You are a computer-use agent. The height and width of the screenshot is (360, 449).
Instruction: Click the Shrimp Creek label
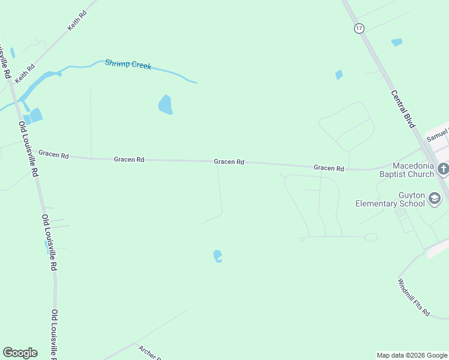pos(128,64)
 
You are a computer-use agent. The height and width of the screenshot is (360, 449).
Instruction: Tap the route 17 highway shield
pos(359,28)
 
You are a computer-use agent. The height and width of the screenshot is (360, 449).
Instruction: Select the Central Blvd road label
pos(403,109)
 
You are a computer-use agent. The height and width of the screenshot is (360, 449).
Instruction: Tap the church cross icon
pos(443,169)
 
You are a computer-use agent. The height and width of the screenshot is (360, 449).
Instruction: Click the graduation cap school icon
pos(435,203)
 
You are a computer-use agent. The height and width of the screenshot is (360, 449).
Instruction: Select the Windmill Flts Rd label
pos(414,297)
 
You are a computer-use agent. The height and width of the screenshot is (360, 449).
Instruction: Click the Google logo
pos(20,353)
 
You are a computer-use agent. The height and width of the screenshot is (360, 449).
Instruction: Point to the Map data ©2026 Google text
pos(412,355)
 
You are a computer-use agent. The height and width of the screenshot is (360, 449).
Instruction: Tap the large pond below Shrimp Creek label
pos(165,104)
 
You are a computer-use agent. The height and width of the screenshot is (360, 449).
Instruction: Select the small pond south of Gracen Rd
pos(217,256)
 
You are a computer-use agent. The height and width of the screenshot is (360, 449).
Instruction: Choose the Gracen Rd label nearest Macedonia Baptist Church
pos(328,169)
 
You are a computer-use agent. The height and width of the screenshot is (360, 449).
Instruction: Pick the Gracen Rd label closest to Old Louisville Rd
pos(53,154)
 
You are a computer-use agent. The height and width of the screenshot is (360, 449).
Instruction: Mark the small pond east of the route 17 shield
pos(397,42)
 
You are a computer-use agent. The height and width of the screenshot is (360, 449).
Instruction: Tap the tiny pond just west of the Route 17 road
pos(339,75)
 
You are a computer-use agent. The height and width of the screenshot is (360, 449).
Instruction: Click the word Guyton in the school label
pos(412,196)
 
